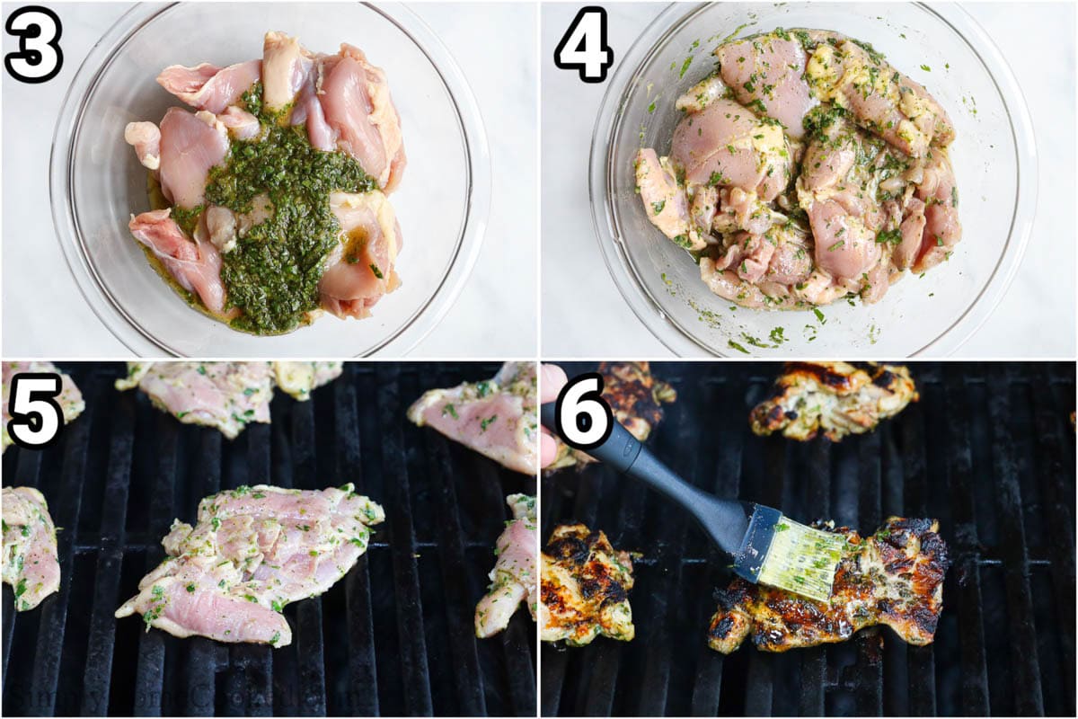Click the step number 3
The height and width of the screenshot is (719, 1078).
coord(33,43)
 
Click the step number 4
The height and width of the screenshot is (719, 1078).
coord(583,43)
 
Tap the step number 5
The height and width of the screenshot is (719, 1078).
coord(34,409)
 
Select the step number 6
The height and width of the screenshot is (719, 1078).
coord(583,409)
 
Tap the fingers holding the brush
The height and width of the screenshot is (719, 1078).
coord(550,422)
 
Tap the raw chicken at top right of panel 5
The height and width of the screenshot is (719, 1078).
coord(481,418)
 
